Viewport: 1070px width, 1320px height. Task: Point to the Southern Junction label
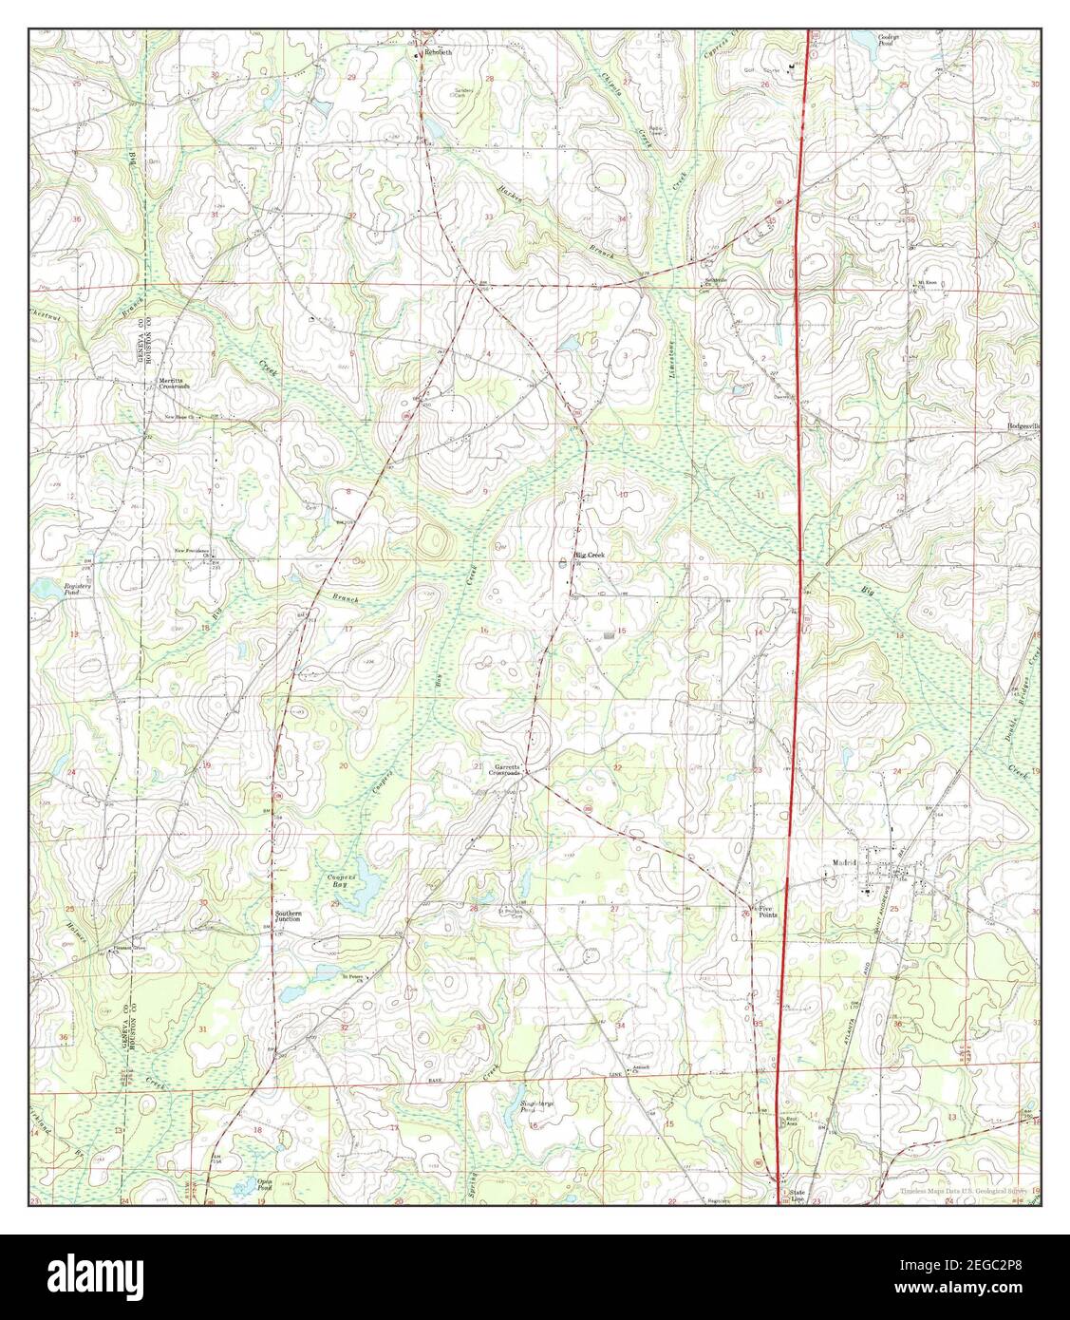(x=289, y=917)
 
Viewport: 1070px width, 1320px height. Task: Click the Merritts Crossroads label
(x=175, y=384)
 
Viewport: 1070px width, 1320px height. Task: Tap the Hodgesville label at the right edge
(x=1023, y=427)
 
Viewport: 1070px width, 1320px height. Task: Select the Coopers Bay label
(x=341, y=877)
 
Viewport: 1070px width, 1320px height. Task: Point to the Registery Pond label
(x=77, y=589)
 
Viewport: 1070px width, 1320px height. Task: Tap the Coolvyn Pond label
(x=887, y=40)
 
